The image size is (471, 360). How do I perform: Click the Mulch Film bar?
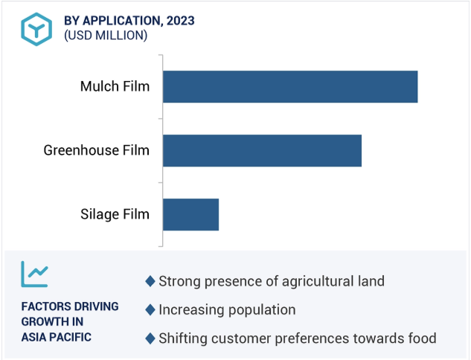click(x=290, y=87)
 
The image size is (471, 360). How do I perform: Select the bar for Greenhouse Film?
click(x=262, y=150)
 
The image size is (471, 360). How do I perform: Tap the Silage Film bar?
click(x=190, y=214)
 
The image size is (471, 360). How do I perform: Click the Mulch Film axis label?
click(x=115, y=86)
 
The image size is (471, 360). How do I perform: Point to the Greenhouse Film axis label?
click(x=97, y=150)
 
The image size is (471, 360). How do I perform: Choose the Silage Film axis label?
click(x=115, y=215)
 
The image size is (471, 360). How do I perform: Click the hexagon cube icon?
click(x=36, y=29)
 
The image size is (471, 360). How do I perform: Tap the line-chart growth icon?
click(x=34, y=274)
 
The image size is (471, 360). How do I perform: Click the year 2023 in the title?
click(x=181, y=21)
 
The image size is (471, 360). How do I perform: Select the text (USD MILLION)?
click(x=106, y=36)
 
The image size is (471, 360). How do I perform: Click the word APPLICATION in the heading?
click(x=123, y=21)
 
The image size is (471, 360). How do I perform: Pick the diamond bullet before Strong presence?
click(x=150, y=281)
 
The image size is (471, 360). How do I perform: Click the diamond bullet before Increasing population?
click(x=150, y=310)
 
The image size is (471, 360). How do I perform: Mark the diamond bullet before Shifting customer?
click(x=150, y=338)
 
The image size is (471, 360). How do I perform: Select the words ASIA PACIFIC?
click(x=56, y=337)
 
